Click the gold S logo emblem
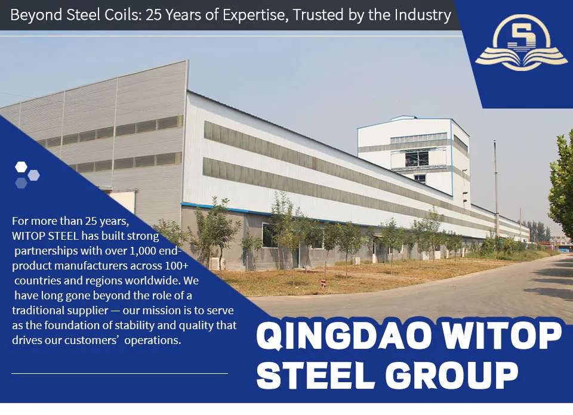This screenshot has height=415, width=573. pyautogui.click(x=521, y=42)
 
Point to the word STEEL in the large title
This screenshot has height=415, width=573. pyautogui.click(x=319, y=374)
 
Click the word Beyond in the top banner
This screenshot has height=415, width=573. pyautogui.click(x=34, y=15)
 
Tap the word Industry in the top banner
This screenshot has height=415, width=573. pyautogui.click(x=421, y=15)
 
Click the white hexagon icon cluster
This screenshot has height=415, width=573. pyautogui.click(x=26, y=174)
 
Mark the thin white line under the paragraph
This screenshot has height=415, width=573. pyautogui.click(x=119, y=373)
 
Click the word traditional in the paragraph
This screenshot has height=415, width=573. pyautogui.click(x=38, y=311)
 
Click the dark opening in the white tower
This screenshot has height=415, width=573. pyautogui.click(x=417, y=158)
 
